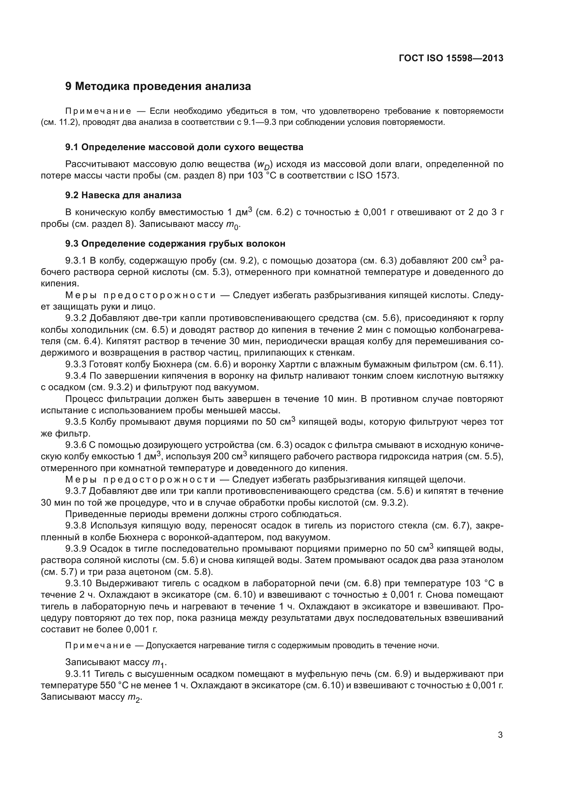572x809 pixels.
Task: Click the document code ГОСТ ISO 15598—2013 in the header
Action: [x=451, y=58]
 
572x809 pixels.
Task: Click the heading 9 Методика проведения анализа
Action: [x=158, y=86]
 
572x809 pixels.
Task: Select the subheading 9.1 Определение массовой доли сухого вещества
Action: [x=184, y=147]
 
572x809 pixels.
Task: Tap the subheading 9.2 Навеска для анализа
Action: [x=123, y=195]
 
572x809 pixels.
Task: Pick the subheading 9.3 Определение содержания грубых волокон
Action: [x=175, y=243]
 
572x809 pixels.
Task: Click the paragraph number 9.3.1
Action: [x=76, y=261]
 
